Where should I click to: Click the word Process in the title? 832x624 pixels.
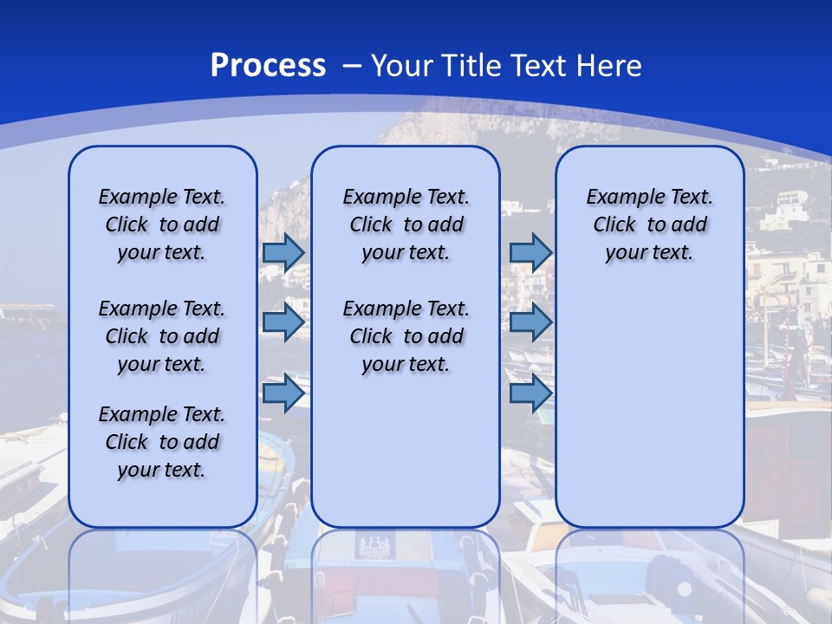[268, 66]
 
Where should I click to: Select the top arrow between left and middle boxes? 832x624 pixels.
[283, 252]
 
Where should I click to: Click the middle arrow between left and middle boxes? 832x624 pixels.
[283, 322]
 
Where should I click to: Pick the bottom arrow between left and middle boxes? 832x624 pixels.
[283, 393]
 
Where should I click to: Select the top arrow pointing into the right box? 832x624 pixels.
[530, 252]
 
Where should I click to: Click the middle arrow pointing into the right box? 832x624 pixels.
[530, 322]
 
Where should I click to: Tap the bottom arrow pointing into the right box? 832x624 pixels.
[530, 393]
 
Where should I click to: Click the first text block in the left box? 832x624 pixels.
[162, 224]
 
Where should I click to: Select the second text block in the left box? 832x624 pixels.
[162, 336]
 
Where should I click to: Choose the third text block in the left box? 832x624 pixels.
[162, 442]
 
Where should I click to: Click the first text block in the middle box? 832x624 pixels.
[406, 224]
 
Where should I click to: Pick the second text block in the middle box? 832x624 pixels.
[406, 336]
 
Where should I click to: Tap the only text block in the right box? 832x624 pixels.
[650, 224]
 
